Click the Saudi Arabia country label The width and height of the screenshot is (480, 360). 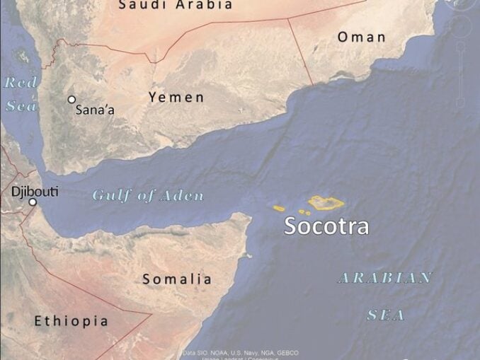coord(175,5)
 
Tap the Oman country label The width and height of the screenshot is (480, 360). coord(361,37)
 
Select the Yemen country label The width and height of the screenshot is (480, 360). coord(176,98)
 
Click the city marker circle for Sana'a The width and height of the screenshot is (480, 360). coord(72,100)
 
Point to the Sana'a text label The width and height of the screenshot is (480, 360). coord(96,110)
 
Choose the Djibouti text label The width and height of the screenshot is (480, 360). coord(35,191)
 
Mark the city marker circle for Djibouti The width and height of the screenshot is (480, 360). coord(32,202)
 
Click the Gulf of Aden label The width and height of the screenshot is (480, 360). coord(148,196)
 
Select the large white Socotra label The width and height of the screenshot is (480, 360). coord(326,226)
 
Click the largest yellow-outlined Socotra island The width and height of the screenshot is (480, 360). coord(326,203)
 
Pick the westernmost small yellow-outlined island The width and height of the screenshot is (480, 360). coord(279,208)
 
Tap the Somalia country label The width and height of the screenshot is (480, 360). coord(177,279)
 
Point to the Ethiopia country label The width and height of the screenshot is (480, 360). coord(72,321)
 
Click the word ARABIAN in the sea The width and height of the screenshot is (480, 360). coord(385,277)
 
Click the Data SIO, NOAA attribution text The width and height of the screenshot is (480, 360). coord(241,352)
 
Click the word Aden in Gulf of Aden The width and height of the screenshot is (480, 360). coord(181,196)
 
